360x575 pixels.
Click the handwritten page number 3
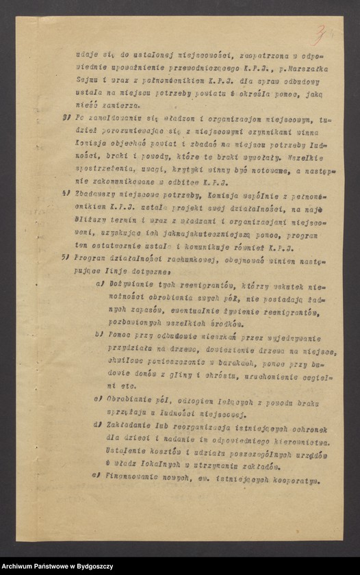pos(320,32)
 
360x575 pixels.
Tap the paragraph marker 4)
pos(67,194)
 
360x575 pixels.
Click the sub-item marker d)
pos(99,424)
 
